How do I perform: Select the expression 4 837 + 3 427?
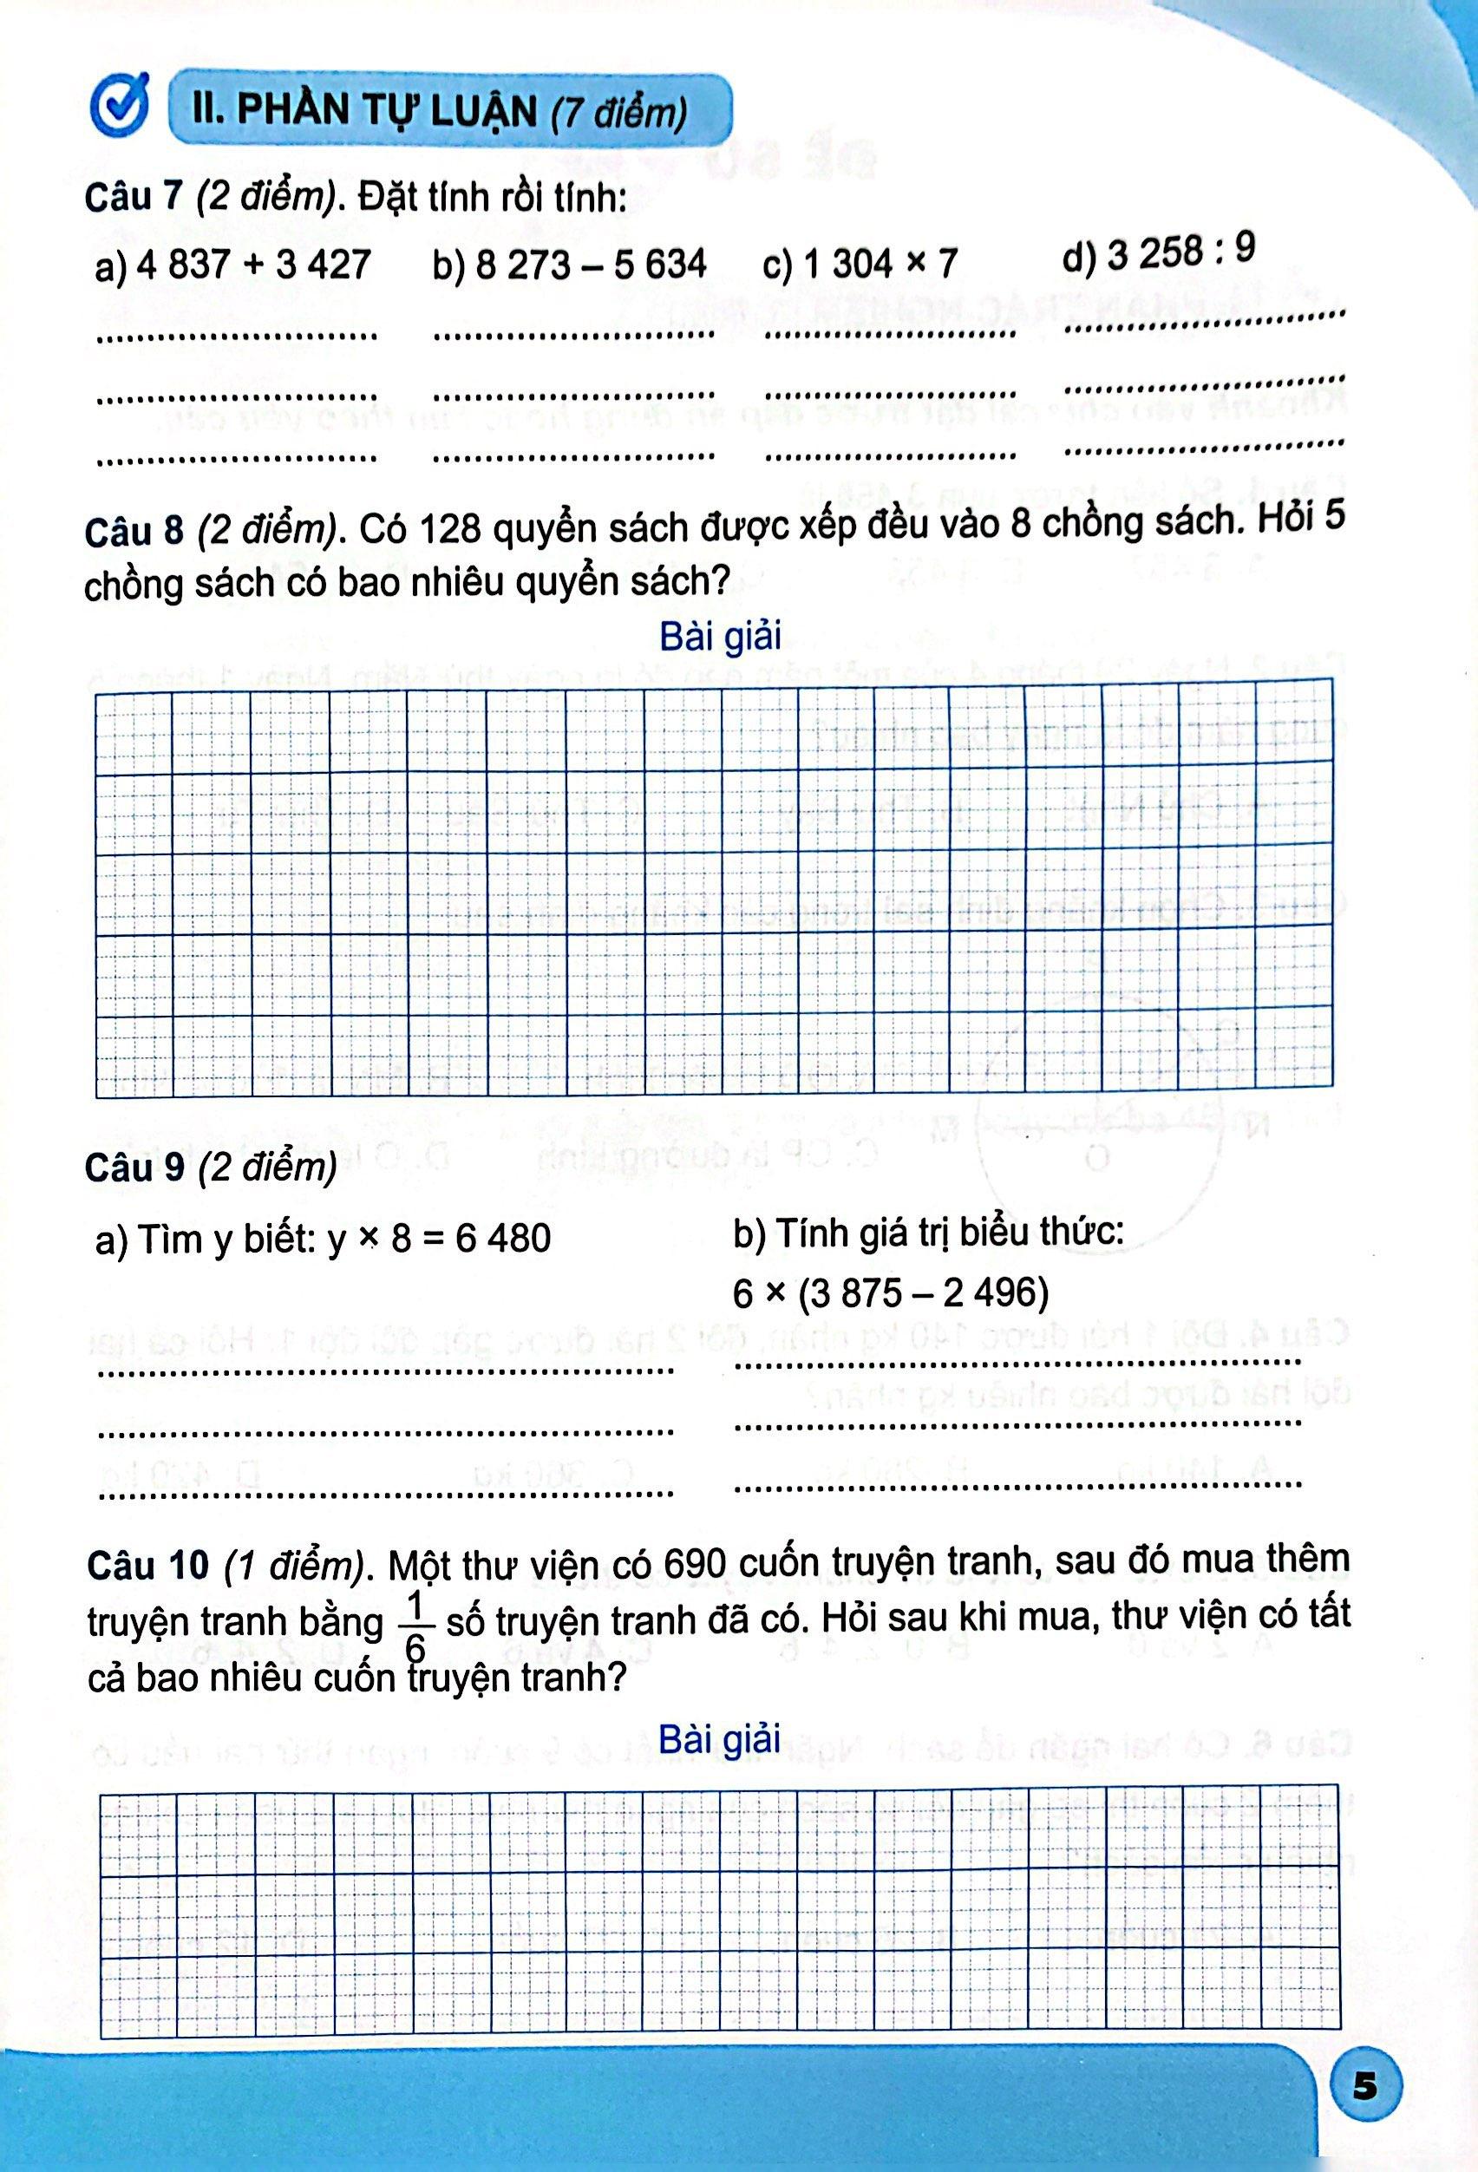[253, 265]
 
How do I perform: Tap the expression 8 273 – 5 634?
[591, 265]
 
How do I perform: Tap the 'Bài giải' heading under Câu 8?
[719, 637]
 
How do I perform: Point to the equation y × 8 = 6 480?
[439, 1239]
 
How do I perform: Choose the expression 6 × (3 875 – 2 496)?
[890, 1293]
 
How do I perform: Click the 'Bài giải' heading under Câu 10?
[719, 1739]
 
